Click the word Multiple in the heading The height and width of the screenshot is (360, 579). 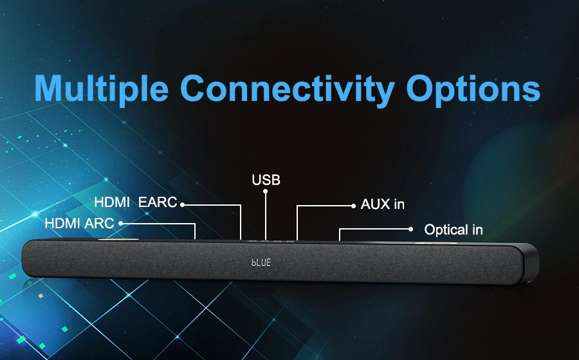click(101, 89)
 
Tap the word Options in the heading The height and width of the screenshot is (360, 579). click(473, 89)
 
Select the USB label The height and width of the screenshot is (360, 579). click(266, 180)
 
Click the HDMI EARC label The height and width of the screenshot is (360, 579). click(136, 202)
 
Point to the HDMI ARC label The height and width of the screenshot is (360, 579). click(79, 223)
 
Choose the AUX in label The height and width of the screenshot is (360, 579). click(383, 204)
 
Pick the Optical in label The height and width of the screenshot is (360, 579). click(454, 230)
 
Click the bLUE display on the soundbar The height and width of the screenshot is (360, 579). click(261, 262)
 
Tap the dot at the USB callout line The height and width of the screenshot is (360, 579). click(265, 191)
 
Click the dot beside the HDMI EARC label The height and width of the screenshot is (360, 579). click(182, 204)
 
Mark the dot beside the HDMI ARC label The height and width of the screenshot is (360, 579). click(120, 224)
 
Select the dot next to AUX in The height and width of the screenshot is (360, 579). click(353, 206)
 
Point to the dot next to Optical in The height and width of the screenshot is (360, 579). click(410, 229)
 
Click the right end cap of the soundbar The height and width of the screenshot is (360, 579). click(531, 264)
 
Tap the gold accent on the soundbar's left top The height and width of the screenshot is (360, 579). click(118, 239)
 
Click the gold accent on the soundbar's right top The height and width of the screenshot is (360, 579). click(436, 243)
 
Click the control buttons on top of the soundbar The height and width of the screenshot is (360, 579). click(271, 242)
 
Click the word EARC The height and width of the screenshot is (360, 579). click(158, 202)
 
